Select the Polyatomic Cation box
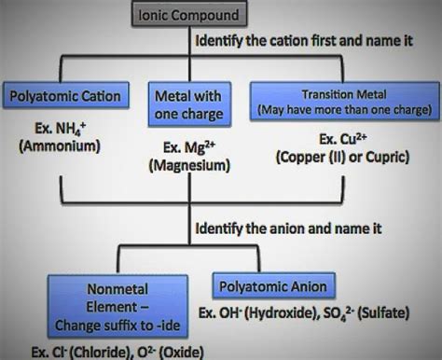coord(63,96)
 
